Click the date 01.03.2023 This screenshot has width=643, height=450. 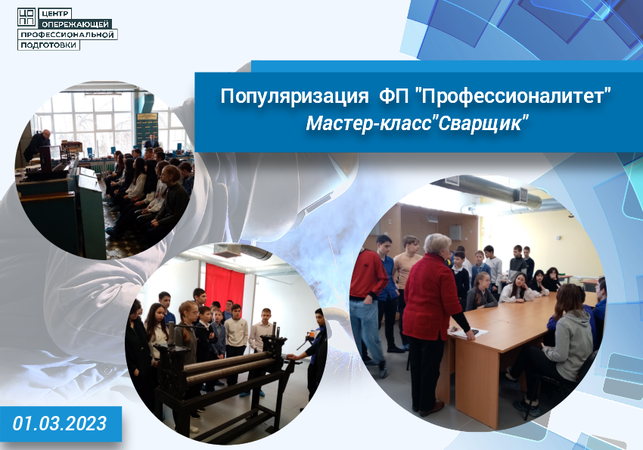60,424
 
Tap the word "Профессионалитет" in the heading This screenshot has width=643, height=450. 514,95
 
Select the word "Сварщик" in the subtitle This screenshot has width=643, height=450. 481,123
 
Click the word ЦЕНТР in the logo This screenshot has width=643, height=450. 55,14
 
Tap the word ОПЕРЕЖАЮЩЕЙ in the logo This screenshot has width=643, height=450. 75,24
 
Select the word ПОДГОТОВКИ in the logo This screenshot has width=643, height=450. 48,45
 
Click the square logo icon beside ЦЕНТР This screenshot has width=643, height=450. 26,17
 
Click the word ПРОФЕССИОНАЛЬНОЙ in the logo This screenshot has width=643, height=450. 67,35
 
